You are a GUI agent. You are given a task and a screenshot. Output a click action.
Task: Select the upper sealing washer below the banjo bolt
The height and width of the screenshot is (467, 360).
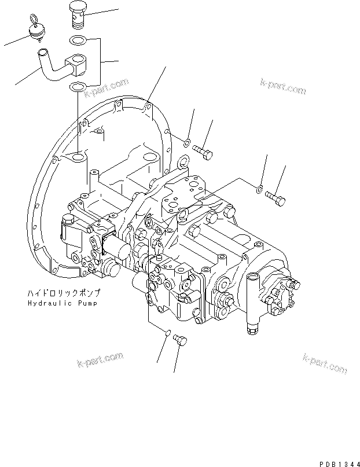(x=76, y=41)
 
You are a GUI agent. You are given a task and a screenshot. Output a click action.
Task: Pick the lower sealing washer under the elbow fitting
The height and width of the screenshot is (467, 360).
(x=76, y=87)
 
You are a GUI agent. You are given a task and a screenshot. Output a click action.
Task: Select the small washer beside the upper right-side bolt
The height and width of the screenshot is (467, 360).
(x=188, y=143)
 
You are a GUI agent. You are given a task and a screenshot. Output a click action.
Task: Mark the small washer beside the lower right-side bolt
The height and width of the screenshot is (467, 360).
(x=260, y=187)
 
